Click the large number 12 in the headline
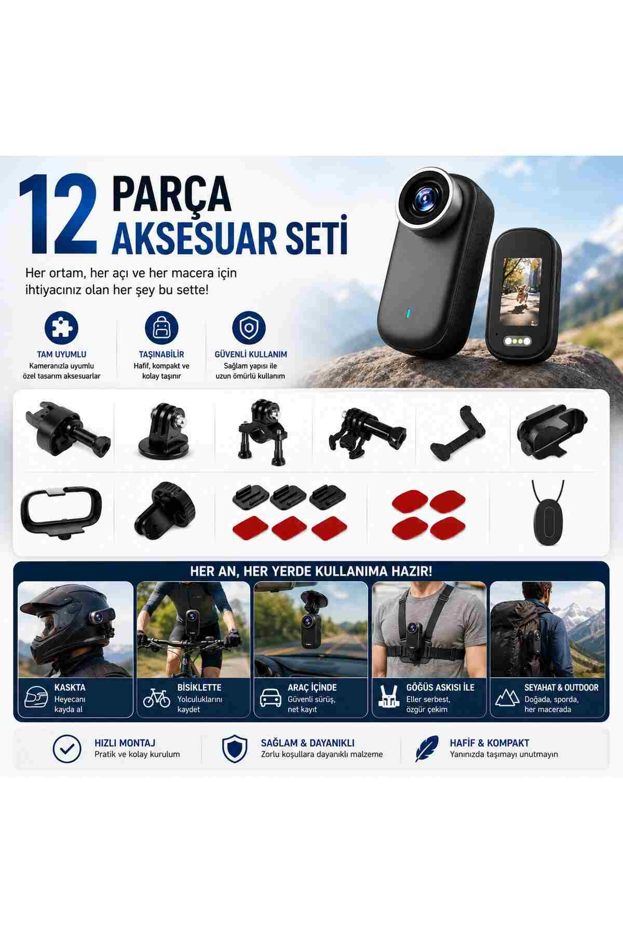click(58, 214)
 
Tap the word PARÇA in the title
click(172, 193)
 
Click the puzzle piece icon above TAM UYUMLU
click(61, 327)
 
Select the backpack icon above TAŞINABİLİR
click(161, 327)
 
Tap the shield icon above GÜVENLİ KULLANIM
click(249, 327)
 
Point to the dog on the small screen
click(520, 290)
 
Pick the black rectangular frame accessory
click(61, 511)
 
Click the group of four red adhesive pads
click(428, 513)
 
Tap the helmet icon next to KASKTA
click(36, 697)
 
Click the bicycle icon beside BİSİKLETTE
click(156, 698)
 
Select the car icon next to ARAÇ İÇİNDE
click(270, 698)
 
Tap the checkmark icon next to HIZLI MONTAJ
click(67, 748)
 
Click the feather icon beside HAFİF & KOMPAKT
click(426, 748)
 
